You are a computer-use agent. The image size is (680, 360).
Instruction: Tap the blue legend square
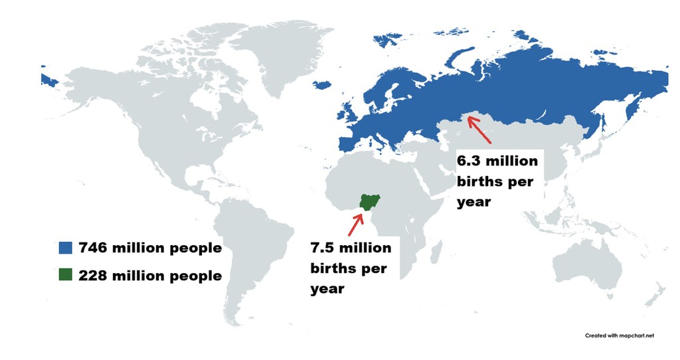[x=65, y=248]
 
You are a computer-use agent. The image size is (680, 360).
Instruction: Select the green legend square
[x=65, y=274]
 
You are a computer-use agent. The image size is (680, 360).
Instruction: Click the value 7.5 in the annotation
[x=325, y=248]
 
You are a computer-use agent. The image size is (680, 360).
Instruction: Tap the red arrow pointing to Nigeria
[x=356, y=223]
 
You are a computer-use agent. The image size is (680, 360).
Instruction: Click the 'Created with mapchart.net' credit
[x=619, y=335]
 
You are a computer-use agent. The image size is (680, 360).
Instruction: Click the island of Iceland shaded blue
[x=322, y=86]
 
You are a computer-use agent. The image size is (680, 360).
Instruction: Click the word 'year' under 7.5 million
[x=327, y=289]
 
